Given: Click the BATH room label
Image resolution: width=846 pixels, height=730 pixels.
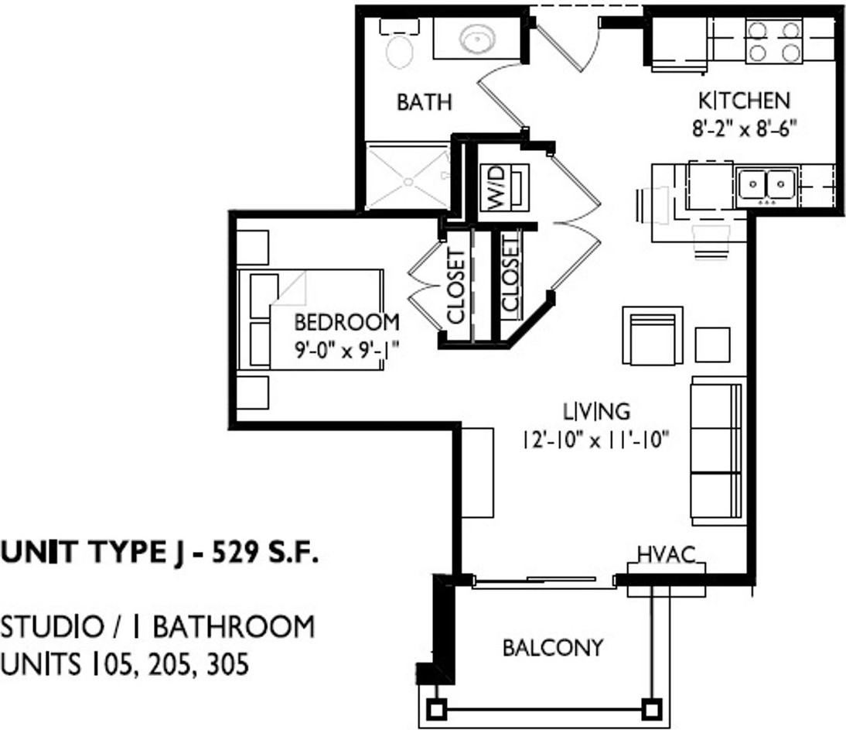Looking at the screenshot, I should coord(424,102).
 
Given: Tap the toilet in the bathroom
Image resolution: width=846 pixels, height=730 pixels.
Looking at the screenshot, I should coord(399,48).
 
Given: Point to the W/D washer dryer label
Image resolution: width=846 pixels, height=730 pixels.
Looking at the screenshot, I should coord(495,186).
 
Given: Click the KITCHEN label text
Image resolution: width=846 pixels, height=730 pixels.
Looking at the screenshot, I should coord(744,101).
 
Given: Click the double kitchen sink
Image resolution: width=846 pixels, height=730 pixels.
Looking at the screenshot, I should coord(766,185).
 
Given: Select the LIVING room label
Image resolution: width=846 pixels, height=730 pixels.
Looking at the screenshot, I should coord(595,410).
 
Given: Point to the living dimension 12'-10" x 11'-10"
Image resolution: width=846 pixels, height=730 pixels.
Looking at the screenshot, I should coord(595,440).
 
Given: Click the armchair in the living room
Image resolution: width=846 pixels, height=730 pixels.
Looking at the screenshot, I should coord(653,336).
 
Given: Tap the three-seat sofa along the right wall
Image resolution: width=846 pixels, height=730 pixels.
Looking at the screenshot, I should coord(718,450).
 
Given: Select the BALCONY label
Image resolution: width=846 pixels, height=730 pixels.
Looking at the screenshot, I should coord(553,647).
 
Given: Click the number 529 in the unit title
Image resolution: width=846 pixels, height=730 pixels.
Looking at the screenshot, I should coord(237,553).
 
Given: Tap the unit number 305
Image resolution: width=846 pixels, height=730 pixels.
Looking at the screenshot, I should coord(228,664).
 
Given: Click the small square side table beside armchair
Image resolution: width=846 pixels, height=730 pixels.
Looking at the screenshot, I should coord(712,344).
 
